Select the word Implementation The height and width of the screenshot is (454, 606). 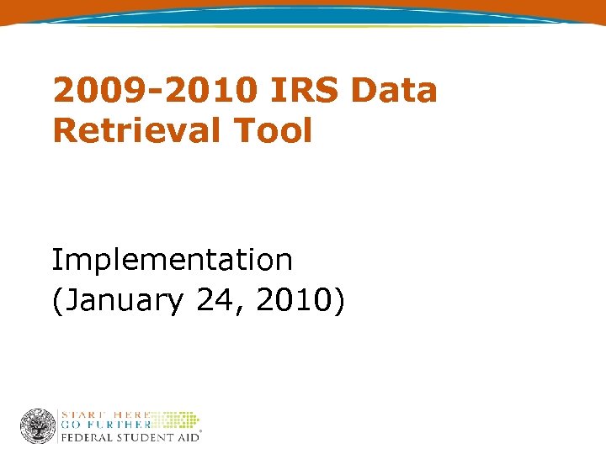point(173,261)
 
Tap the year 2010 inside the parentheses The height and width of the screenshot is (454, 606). point(291,301)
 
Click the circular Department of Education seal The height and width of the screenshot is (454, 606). point(38,426)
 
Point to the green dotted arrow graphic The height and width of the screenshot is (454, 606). point(177,420)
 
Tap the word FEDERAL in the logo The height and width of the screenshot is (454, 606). point(87,437)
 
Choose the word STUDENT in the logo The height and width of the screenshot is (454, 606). point(145,437)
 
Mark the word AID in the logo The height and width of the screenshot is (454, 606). point(186,437)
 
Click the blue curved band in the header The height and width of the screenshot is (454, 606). point(303,13)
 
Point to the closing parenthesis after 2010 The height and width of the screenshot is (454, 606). point(338,301)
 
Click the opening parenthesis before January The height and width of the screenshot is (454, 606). point(56,301)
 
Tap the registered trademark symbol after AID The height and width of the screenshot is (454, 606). point(200,434)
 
